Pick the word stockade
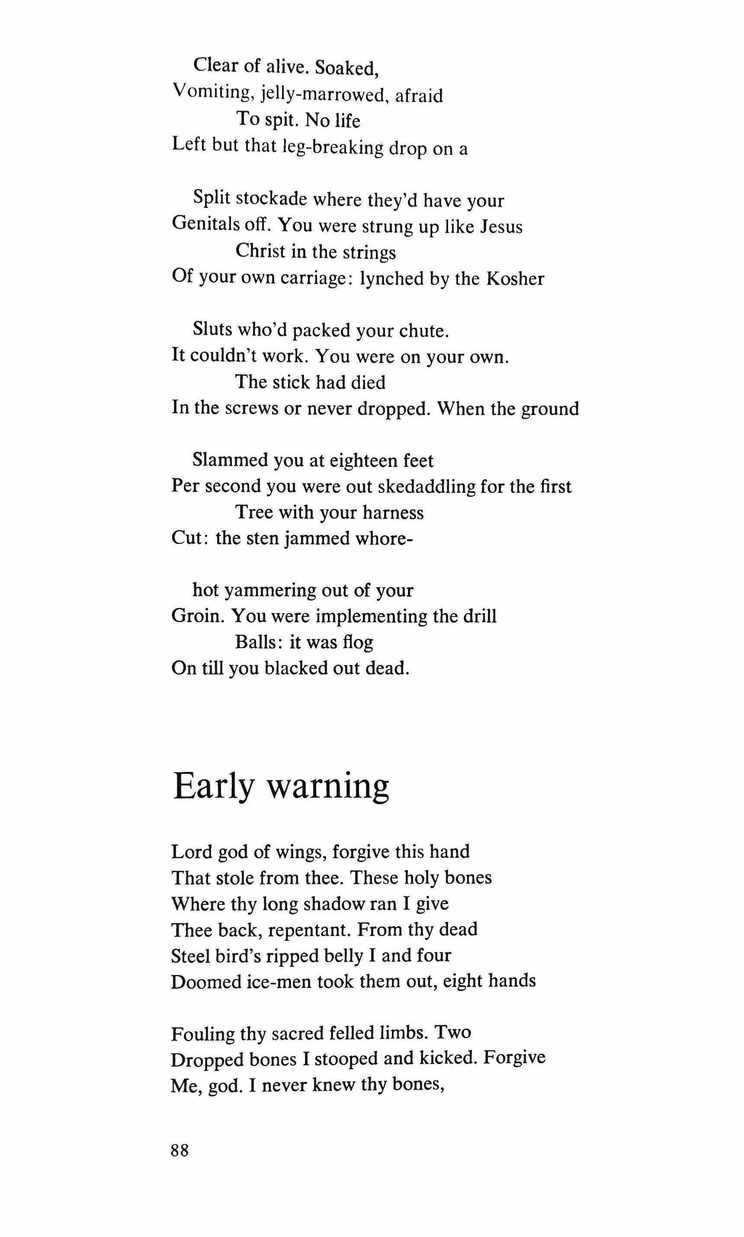(x=271, y=199)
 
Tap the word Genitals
(x=206, y=224)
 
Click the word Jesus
(x=501, y=226)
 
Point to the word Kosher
(x=515, y=278)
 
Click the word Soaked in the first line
(x=346, y=67)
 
